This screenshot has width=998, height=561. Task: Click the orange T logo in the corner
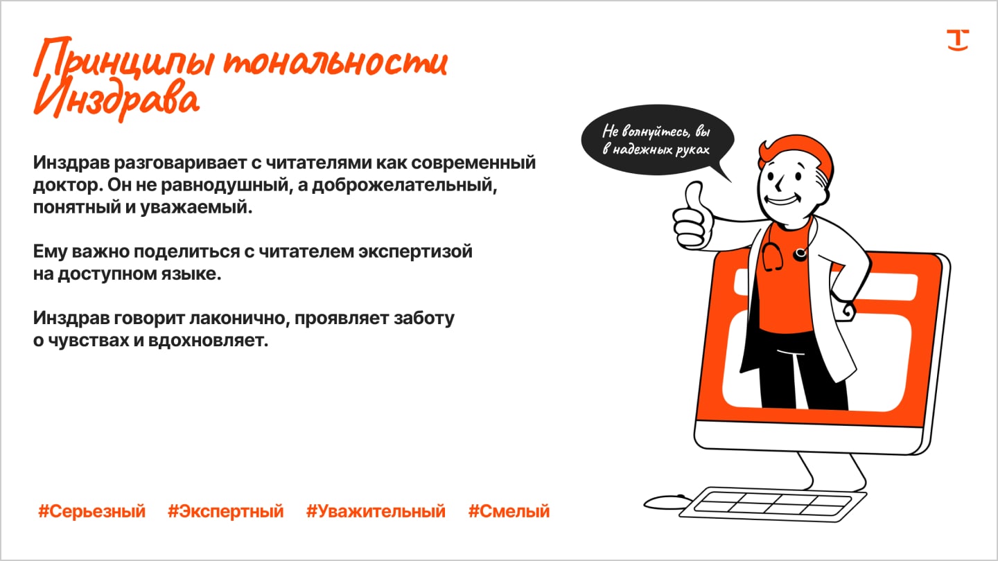coord(958,40)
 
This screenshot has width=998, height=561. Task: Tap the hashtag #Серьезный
coord(91,511)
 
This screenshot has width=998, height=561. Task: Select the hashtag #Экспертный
coord(225,511)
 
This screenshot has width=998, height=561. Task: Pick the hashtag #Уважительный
coord(376,511)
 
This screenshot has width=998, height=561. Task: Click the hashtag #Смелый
coord(509,511)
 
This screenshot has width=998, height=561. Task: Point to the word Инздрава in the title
coord(116,100)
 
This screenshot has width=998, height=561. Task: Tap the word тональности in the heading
coord(335,62)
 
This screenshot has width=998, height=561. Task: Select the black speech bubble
coord(657,140)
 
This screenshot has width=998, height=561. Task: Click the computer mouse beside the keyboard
coord(667,502)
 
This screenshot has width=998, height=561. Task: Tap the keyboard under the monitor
coord(772,504)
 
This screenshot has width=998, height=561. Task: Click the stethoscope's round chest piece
coord(800,253)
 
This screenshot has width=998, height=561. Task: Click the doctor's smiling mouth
coord(782,199)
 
